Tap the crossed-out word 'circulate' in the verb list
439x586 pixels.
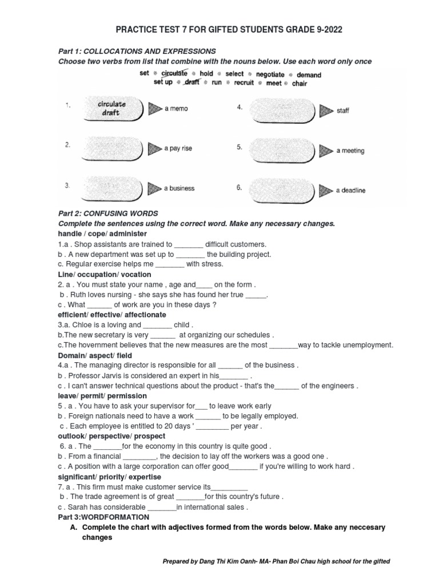pos(174,74)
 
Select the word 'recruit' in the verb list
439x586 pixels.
pos(244,83)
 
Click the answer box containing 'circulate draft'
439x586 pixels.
pos(111,109)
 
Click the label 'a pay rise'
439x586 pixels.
pos(178,148)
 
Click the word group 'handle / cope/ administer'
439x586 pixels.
pos(102,234)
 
